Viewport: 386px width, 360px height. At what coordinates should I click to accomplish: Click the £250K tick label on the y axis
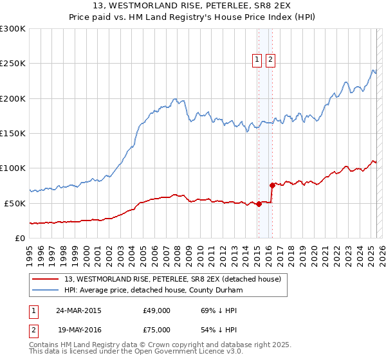(13, 64)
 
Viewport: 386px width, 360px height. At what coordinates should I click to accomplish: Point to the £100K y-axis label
(13, 168)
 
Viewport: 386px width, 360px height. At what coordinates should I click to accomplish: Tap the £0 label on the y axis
(19, 238)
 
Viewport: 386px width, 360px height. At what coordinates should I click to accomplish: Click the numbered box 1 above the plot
(257, 60)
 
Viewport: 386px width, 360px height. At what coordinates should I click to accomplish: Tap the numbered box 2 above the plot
(270, 60)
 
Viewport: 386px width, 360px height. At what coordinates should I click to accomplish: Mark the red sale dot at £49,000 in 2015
(259, 204)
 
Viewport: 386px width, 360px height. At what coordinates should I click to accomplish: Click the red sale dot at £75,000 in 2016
(272, 186)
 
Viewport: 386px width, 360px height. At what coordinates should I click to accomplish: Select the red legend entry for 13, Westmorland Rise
(172, 280)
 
